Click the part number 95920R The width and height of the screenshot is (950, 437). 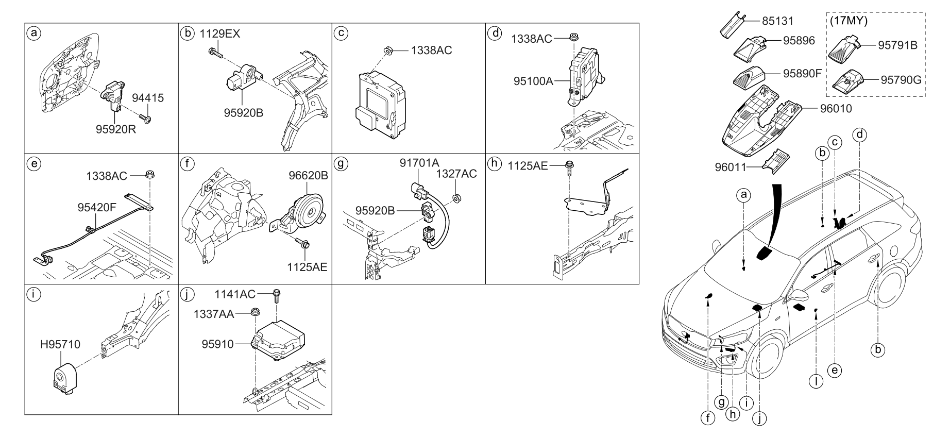coord(115,129)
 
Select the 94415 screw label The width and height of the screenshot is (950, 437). coord(148,98)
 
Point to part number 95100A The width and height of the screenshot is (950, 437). coord(533,81)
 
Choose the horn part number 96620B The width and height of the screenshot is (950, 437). coord(308,176)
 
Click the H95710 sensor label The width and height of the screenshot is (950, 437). coord(61,344)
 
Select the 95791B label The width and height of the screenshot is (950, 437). coord(898,45)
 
